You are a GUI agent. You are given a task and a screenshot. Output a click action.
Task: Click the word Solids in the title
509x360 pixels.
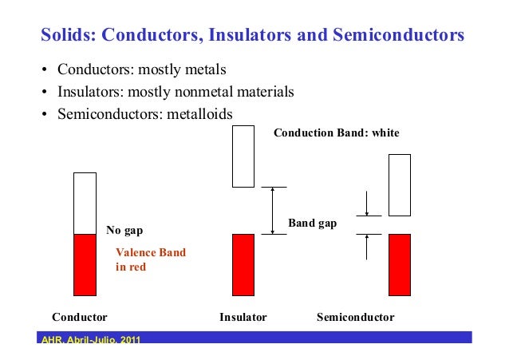coord(66,36)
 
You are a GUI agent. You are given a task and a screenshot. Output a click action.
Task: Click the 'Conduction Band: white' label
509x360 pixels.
coord(336,133)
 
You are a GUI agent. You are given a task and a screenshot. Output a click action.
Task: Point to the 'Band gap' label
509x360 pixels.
coord(313,224)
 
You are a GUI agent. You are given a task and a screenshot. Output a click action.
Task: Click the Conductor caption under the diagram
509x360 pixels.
coord(79,317)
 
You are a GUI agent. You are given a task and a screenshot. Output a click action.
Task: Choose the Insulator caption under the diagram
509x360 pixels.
coord(243,317)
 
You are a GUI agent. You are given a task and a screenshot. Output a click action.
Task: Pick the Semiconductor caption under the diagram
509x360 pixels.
coord(355,317)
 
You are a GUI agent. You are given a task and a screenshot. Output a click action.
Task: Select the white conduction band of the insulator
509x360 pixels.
coord(243,156)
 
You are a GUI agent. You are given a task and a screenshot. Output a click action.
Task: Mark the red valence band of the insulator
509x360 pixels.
coord(243,264)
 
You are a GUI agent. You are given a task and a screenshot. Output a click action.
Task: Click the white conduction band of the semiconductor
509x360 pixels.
coord(399,184)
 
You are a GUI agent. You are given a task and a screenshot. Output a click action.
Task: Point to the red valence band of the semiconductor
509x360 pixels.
coord(399,264)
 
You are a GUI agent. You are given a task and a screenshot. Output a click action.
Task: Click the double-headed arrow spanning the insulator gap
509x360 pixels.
coord(273,210)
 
